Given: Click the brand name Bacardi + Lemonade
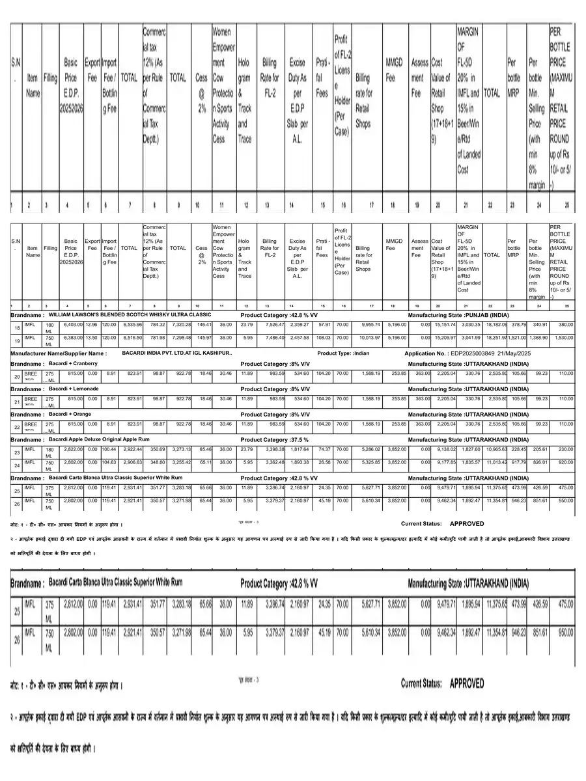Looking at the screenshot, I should [x=73, y=389].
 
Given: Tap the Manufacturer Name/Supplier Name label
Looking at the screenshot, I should [x=59, y=353].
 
